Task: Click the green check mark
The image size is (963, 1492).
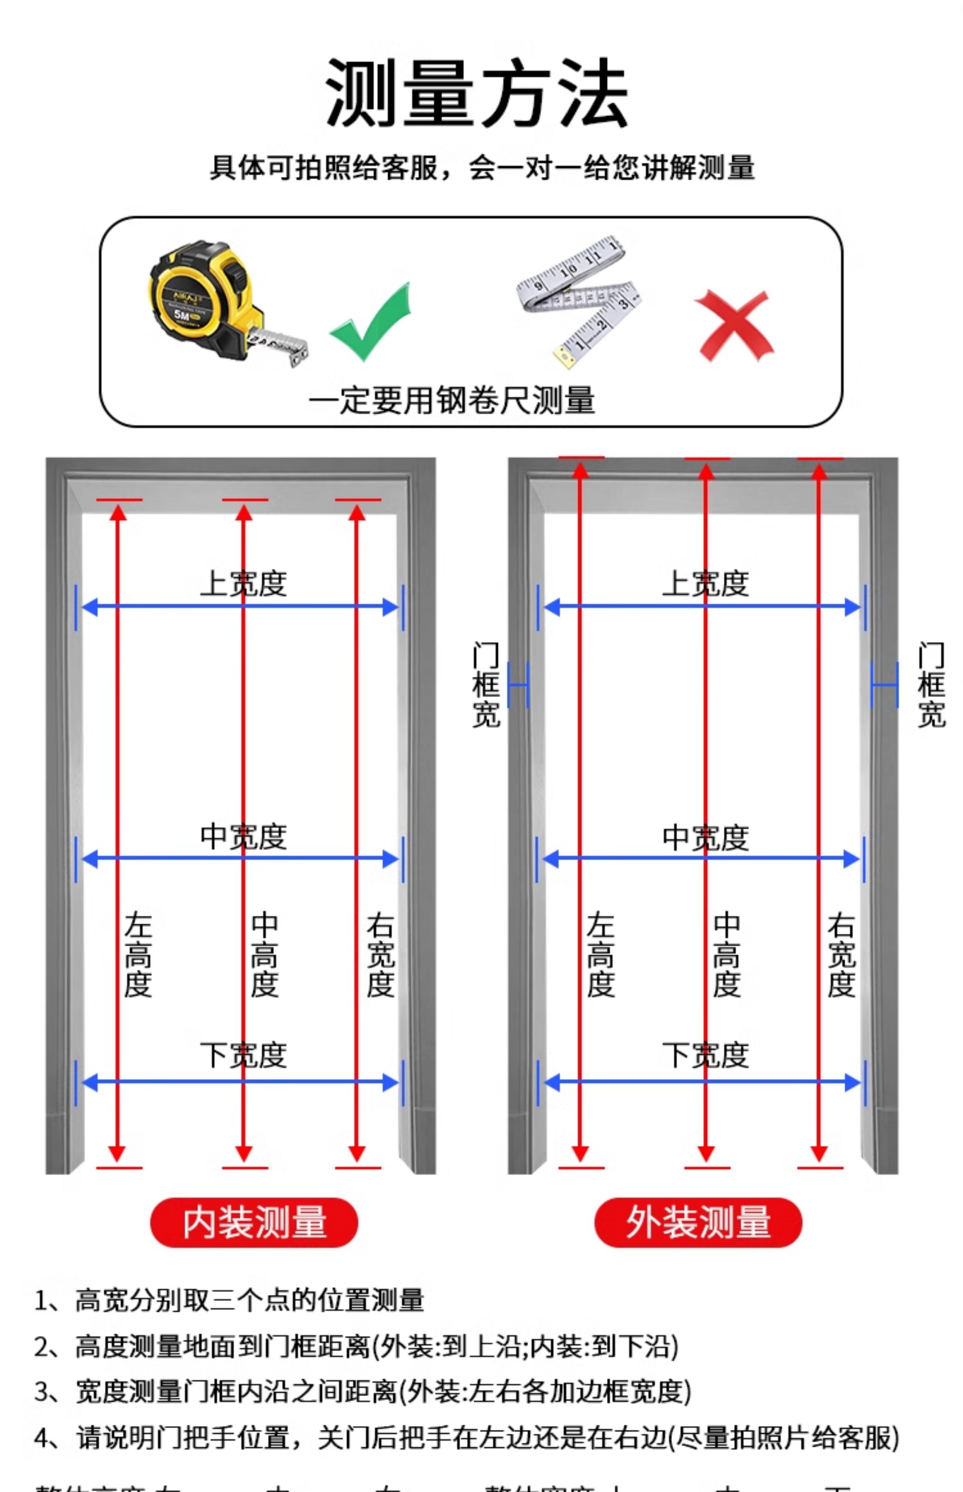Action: point(370,322)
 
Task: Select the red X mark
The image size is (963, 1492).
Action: point(734,325)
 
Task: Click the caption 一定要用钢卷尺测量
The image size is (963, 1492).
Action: point(452,400)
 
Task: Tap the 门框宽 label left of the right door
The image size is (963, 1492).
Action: point(486,685)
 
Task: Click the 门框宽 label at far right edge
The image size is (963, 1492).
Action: point(931,685)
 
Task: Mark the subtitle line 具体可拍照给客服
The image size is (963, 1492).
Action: point(481,167)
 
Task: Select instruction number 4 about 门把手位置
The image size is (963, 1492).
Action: point(466,1438)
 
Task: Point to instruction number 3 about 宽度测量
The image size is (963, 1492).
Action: point(363,1392)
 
